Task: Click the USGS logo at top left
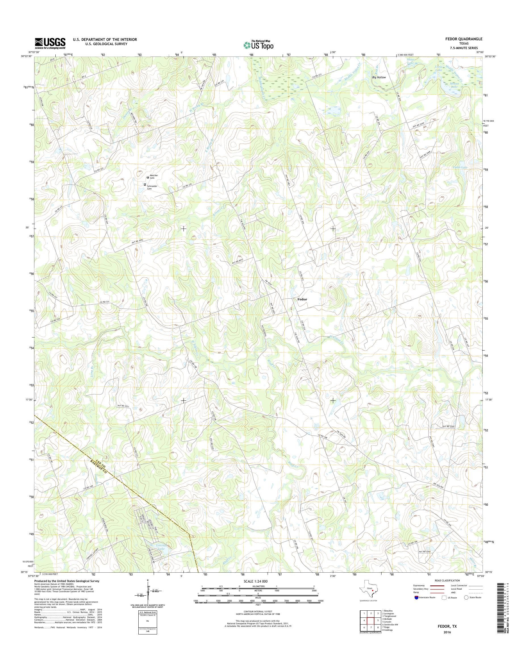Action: click(x=50, y=43)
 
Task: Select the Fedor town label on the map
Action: click(x=302, y=299)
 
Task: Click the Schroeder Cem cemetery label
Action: click(x=152, y=187)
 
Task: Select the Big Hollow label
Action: click(x=379, y=77)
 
